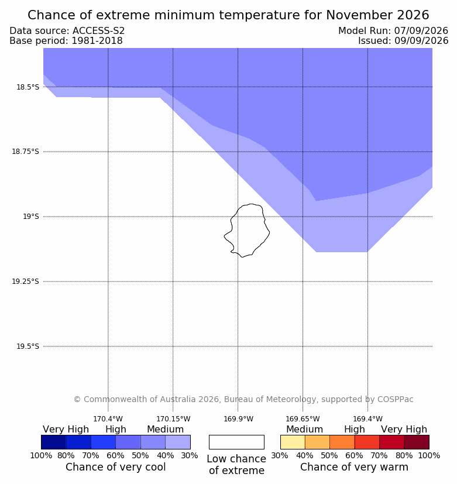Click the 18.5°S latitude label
point(28,87)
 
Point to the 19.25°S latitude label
point(25,282)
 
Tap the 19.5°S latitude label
point(28,346)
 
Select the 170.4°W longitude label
point(108,419)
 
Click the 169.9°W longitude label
point(238,419)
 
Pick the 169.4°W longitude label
point(368,419)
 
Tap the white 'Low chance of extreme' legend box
point(236,442)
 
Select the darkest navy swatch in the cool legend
point(54,442)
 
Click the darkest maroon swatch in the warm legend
point(417,442)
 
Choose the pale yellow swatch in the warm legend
point(293,442)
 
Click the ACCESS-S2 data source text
point(98,31)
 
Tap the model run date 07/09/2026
point(421,31)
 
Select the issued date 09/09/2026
point(421,41)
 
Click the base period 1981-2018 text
point(97,41)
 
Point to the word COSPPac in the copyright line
point(396,399)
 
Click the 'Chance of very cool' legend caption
point(116,467)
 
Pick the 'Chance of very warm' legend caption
point(354,467)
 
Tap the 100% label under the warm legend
point(429,455)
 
